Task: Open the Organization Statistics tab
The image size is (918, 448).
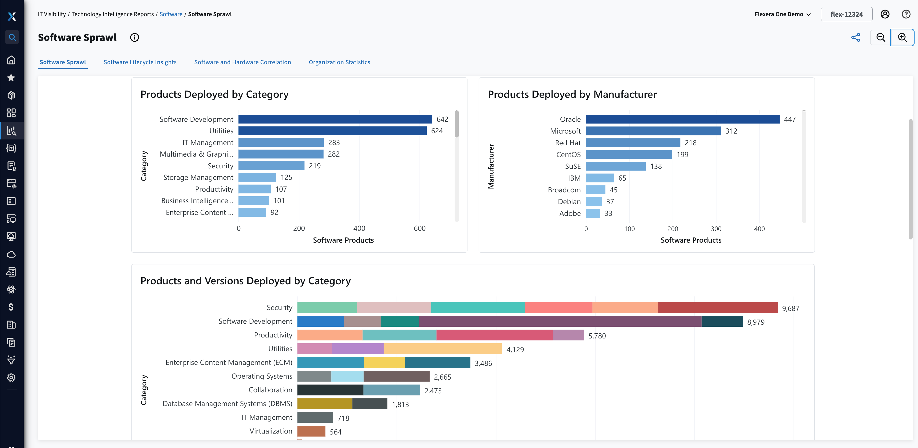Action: click(339, 62)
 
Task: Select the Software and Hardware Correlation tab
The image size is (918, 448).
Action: click(242, 62)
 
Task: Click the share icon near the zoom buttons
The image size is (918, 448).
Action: click(856, 37)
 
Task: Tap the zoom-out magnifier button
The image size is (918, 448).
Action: click(881, 37)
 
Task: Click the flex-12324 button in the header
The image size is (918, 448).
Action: click(846, 14)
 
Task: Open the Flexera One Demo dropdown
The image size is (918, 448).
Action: click(782, 14)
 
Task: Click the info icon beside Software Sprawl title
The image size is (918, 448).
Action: click(134, 37)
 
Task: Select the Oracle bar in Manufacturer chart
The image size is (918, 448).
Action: click(682, 119)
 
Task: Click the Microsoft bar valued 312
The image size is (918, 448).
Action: click(653, 131)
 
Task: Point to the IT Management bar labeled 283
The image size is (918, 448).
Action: click(281, 143)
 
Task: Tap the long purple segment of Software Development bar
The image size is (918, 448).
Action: click(560, 321)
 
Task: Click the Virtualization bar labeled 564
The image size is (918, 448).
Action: click(311, 431)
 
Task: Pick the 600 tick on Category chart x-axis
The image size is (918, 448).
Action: click(419, 228)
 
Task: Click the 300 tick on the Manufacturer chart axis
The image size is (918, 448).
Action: click(716, 229)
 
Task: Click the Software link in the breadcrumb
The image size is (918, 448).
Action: click(171, 14)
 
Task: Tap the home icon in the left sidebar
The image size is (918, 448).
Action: click(12, 60)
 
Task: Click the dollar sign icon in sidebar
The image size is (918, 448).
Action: click(12, 307)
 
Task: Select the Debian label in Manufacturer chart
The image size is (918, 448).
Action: click(569, 201)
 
